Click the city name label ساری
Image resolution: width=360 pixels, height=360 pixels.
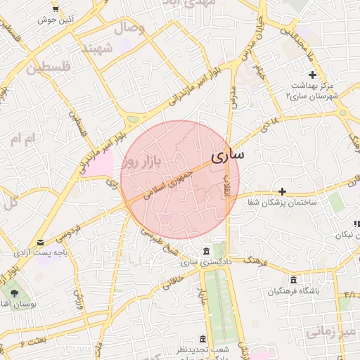[x=227, y=155]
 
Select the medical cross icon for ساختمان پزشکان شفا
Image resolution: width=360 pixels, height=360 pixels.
[x=282, y=191]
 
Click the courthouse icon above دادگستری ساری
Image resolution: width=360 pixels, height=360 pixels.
[x=205, y=251]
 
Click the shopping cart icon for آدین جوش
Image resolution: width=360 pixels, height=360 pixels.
[x=55, y=9]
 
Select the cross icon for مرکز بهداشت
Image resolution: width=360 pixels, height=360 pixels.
[x=312, y=75]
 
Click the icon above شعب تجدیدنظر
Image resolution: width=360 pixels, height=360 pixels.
[x=202, y=338]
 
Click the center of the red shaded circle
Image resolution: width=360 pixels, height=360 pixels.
[x=179, y=179]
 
